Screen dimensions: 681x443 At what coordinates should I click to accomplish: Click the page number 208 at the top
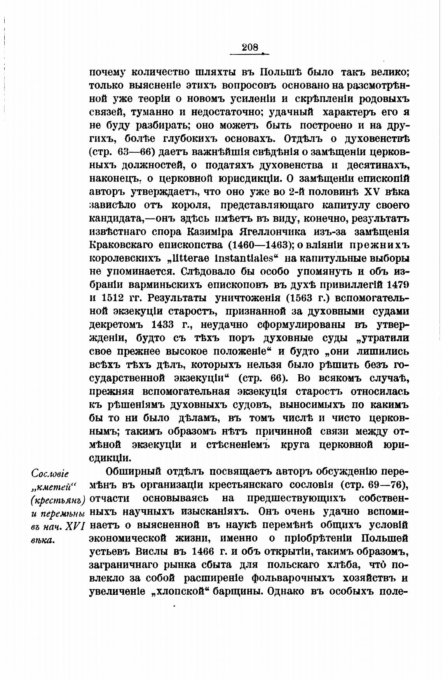click(x=249, y=47)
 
